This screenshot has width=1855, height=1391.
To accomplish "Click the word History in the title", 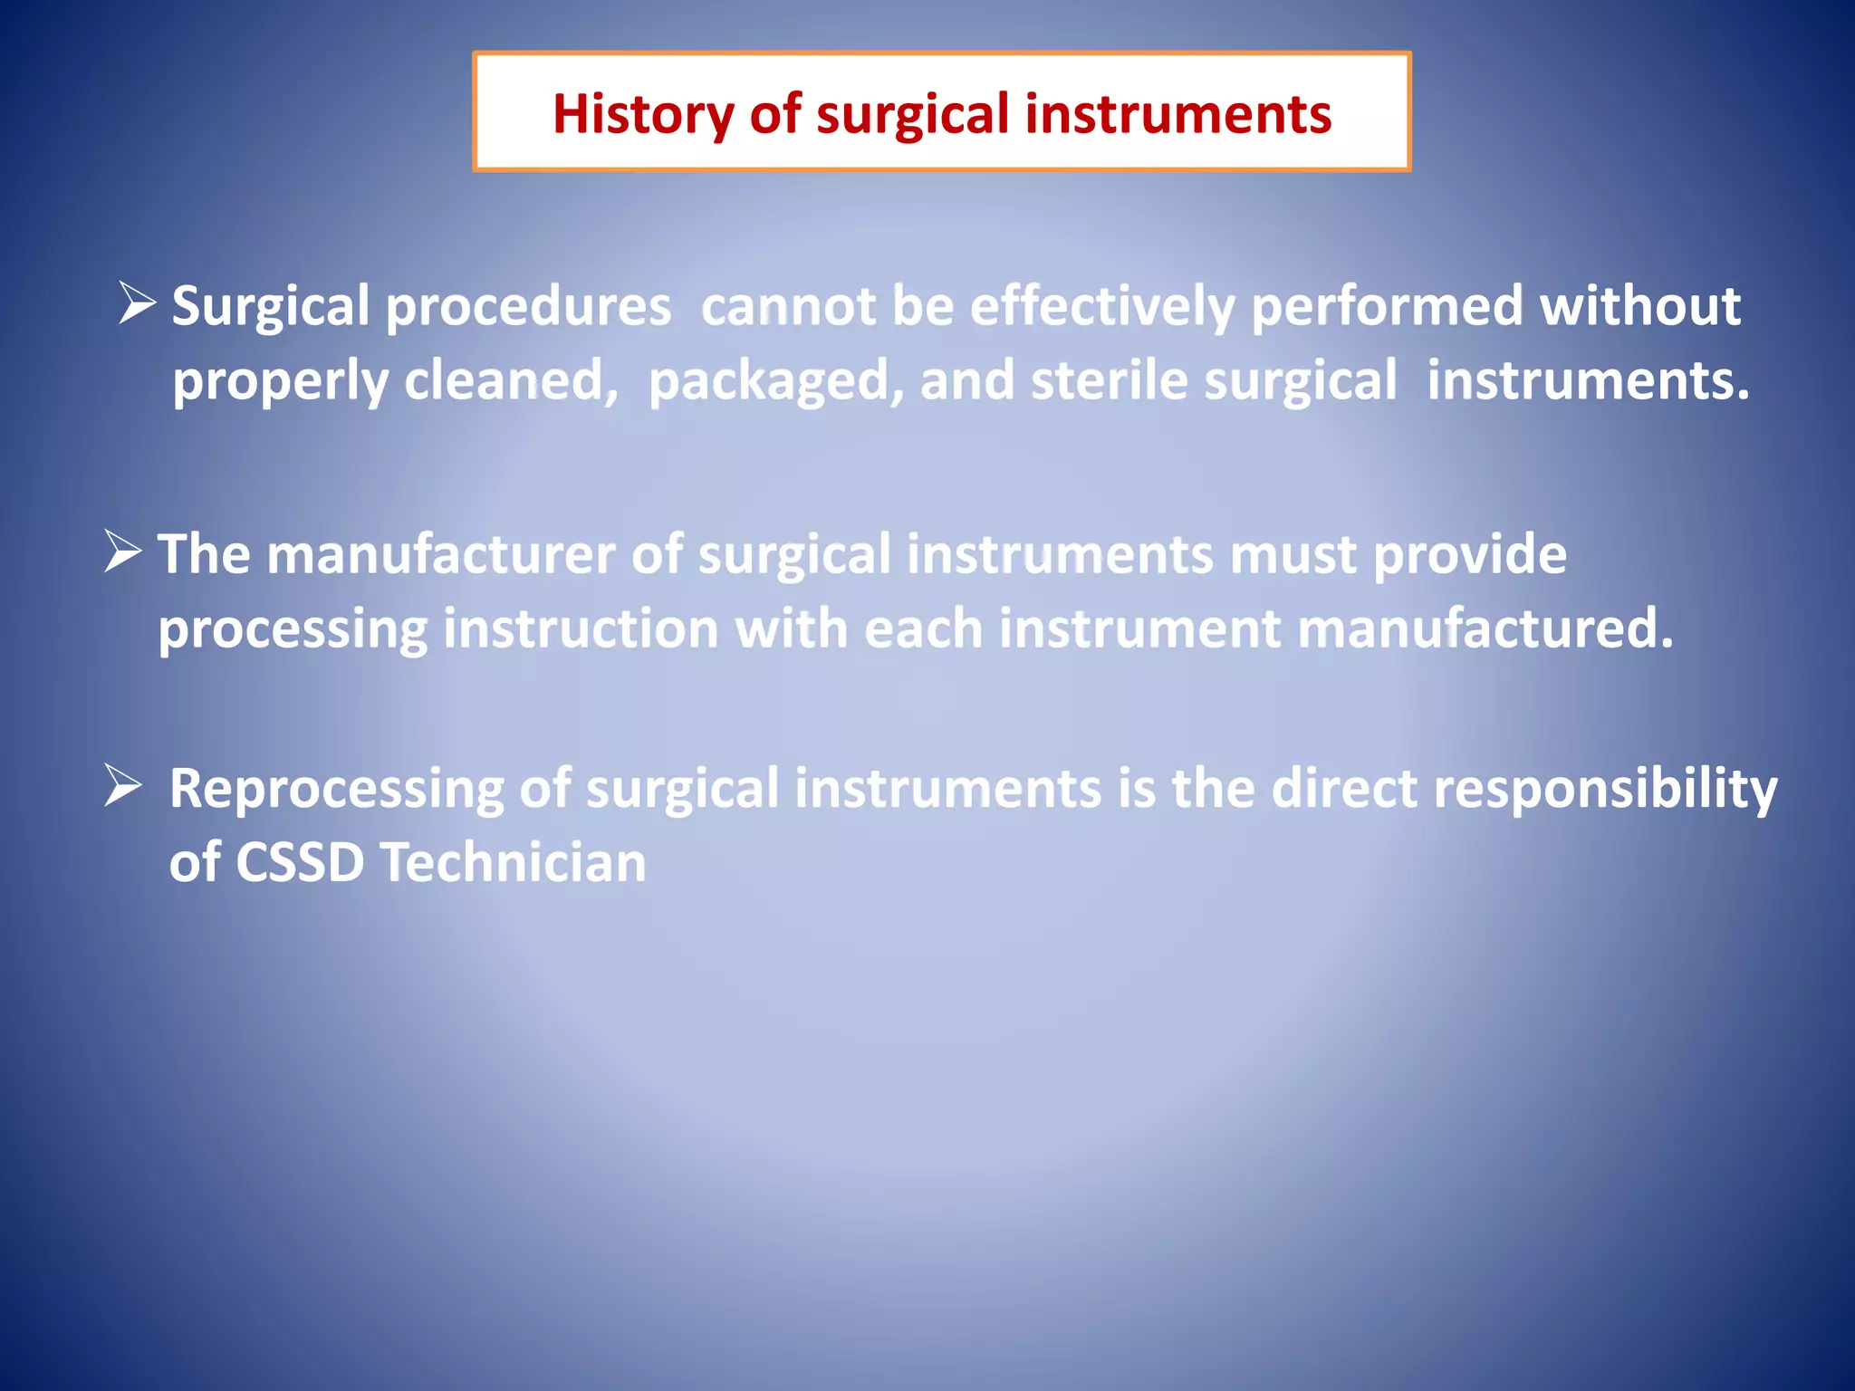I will (643, 115).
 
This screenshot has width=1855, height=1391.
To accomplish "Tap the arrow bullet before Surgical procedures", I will (138, 303).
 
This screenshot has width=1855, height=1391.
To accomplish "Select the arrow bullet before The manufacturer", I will (123, 552).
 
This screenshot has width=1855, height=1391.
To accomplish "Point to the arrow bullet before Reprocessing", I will (123, 785).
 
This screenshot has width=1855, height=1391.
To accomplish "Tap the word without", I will (1639, 306).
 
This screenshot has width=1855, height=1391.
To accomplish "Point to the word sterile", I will (1109, 380).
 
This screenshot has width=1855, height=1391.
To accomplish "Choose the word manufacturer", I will (440, 554).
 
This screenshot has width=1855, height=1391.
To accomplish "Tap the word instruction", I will (581, 629).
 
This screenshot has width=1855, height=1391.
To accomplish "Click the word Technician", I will (513, 862).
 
